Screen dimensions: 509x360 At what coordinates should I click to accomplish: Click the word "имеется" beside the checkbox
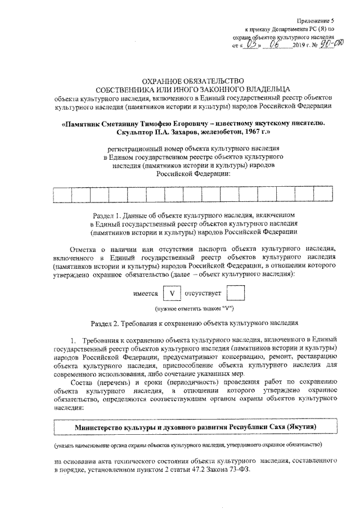(145, 294)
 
